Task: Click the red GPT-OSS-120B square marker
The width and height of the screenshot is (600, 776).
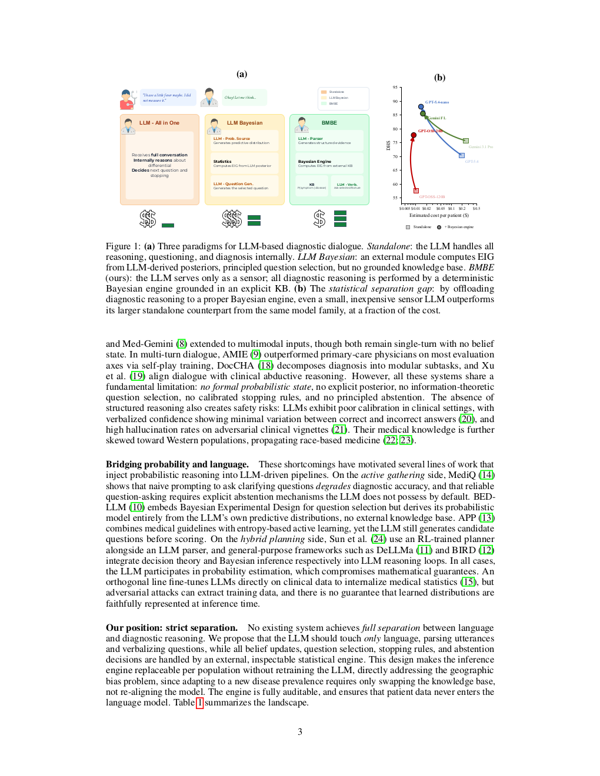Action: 416,190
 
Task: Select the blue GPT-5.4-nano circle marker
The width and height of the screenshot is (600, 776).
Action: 421,107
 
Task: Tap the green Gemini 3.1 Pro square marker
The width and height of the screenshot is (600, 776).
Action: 466,141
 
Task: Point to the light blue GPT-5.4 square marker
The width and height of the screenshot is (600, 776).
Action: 461,155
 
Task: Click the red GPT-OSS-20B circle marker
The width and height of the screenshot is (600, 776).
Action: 414,135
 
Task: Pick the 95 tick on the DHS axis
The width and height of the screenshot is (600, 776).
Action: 395,88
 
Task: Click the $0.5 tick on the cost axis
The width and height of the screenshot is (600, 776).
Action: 476,209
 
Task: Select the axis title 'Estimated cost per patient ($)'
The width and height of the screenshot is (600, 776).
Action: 439,215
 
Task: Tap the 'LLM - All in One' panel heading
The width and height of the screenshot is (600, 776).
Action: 159,123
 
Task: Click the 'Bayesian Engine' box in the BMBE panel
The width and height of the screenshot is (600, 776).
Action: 329,163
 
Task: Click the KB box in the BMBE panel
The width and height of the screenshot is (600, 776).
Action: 312,186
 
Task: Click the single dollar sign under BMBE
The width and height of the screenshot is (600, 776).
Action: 319,219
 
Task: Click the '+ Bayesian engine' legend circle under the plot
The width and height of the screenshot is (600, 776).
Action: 439,227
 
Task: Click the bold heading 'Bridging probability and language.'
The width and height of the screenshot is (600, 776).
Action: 177,464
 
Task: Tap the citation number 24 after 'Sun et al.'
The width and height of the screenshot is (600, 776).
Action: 378,539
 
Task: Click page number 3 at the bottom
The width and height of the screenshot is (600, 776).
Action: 300,732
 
